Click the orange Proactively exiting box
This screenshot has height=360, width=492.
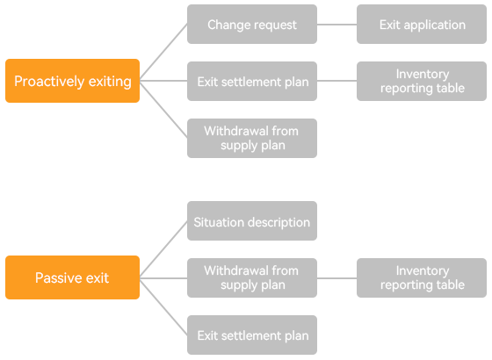[72, 81]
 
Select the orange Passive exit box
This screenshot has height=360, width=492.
[72, 277]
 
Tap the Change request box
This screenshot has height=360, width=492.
[252, 25]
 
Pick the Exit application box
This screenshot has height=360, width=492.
[422, 25]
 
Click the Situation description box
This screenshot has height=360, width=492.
[252, 221]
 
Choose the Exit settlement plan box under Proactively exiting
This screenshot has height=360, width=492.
[252, 81]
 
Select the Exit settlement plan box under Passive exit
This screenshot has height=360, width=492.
[252, 335]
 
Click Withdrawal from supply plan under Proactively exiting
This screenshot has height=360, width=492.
[252, 139]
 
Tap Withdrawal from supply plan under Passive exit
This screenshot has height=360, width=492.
[252, 277]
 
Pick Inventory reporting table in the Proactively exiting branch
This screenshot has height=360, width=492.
[422, 81]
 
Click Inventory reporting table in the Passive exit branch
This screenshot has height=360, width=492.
[422, 277]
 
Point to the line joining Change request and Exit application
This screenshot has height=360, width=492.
[337, 25]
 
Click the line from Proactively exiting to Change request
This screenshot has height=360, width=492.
[163, 52]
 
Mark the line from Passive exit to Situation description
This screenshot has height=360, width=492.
[163, 248]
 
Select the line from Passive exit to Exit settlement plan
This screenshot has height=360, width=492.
[163, 307]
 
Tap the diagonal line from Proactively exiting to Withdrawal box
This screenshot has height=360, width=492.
[163, 110]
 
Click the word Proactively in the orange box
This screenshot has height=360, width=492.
[49, 82]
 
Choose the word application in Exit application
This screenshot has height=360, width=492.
[435, 25]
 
